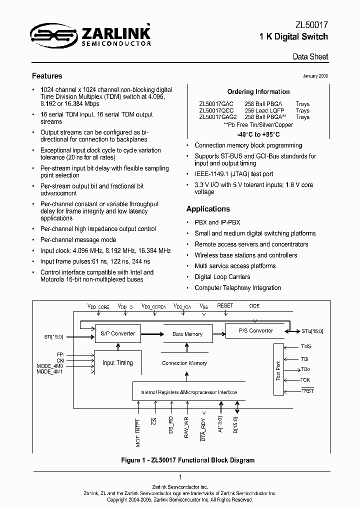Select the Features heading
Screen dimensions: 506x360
point(47,76)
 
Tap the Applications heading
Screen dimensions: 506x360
point(208,209)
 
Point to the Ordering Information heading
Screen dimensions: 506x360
point(258,92)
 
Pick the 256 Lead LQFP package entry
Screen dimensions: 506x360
point(263,111)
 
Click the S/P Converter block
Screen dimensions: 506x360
point(118,333)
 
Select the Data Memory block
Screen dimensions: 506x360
point(187,334)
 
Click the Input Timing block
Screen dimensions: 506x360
point(117,362)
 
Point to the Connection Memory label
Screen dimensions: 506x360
point(184,363)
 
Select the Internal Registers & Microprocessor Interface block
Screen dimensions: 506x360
point(188,392)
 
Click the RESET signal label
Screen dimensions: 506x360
point(225,305)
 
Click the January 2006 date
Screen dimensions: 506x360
point(315,76)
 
